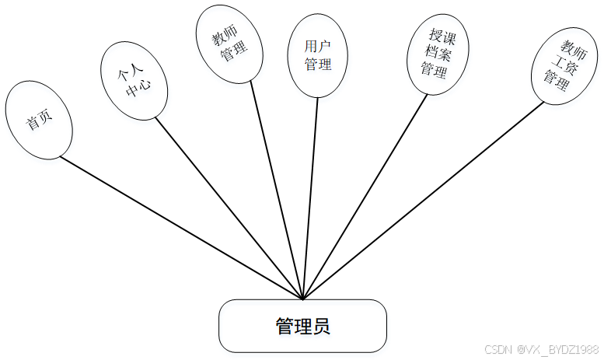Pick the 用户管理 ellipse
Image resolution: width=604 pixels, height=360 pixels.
tap(318, 55)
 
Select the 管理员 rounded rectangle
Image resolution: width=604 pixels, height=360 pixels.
tap(302, 326)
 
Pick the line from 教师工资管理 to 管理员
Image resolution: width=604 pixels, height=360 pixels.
tap(420, 200)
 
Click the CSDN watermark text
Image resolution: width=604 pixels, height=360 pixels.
tap(541, 350)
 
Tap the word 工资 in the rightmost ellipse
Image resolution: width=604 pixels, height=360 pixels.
tap(557, 61)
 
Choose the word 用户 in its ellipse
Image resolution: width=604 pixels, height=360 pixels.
tap(318, 47)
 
